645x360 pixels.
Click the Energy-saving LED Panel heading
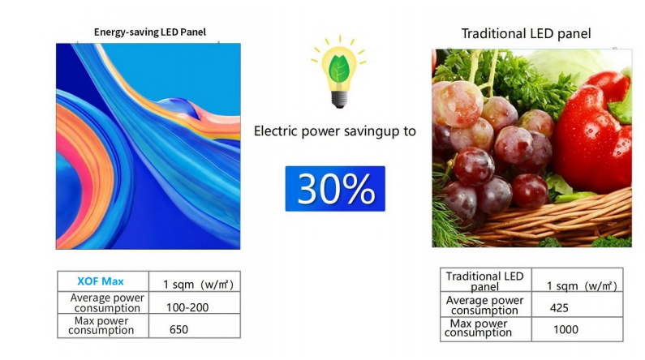pos(150,32)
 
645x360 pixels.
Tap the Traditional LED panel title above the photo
pos(526,33)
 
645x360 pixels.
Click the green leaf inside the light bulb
pos(339,69)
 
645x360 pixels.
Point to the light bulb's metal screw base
pos(339,99)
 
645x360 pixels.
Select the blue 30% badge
pos(335,189)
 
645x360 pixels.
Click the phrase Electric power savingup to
pos(335,131)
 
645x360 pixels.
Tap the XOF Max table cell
pos(101,281)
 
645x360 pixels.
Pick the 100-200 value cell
pos(187,307)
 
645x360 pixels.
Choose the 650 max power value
pos(178,329)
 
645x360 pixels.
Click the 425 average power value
pos(559,308)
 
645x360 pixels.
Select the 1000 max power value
pos(565,329)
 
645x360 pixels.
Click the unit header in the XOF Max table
pos(198,284)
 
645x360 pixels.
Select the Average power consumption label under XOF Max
pos(107,303)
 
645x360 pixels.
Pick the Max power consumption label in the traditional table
pos(478,328)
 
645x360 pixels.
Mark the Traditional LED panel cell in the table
pos(484,281)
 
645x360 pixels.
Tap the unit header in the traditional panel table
pos(582,285)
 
